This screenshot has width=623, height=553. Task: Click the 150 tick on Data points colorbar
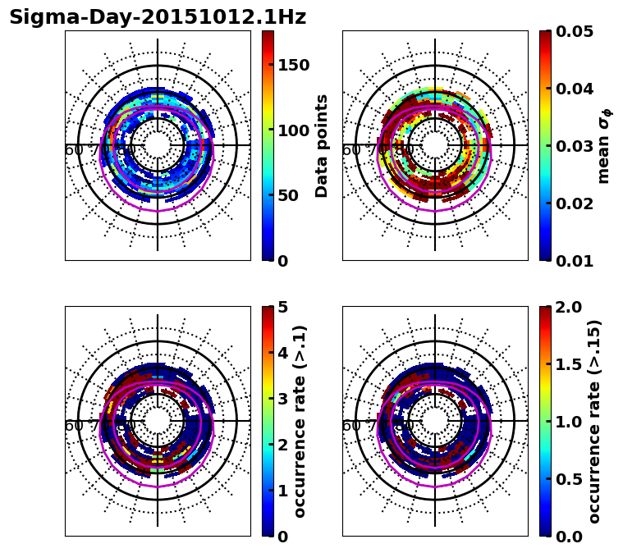pos(293,65)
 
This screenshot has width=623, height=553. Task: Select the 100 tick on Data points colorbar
pos(293,130)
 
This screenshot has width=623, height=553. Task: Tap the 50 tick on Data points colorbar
pos(288,195)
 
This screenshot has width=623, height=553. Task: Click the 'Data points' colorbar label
pos(323,145)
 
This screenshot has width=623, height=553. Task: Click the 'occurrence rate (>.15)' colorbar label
pos(594,421)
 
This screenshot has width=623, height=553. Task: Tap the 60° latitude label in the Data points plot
pos(74,150)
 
